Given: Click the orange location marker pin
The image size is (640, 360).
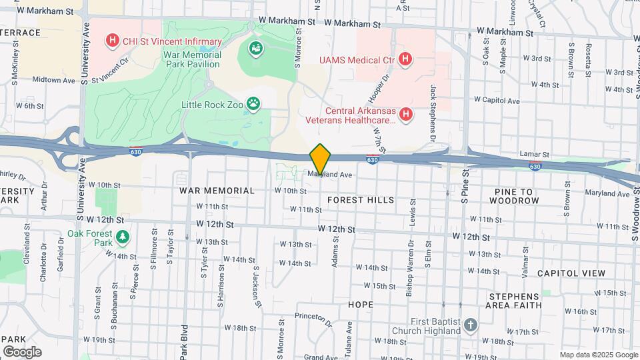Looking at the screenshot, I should click(x=321, y=159).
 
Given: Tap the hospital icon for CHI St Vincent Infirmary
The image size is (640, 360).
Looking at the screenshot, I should click(x=112, y=41).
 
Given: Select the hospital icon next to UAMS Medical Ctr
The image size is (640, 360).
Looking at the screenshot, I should click(x=405, y=60).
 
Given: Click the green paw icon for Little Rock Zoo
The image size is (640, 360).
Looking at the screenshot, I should click(x=253, y=103).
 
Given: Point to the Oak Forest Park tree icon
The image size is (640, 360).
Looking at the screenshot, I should click(x=122, y=237).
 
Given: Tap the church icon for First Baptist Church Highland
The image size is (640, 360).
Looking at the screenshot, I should click(x=471, y=325).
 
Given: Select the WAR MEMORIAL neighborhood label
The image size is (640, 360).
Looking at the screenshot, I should click(x=217, y=191).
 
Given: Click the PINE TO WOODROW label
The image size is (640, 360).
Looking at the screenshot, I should click(x=523, y=196).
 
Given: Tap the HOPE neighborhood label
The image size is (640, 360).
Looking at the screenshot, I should click(x=361, y=304).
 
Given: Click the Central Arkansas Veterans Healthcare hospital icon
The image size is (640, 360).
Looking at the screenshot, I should click(x=406, y=115).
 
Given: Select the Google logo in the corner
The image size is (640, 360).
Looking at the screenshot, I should click(x=22, y=351).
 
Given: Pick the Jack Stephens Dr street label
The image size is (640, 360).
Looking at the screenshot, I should click(x=433, y=107).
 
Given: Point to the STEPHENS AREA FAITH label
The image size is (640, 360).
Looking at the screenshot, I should click(x=515, y=301).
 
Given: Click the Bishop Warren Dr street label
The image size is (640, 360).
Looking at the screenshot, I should click(x=409, y=275).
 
